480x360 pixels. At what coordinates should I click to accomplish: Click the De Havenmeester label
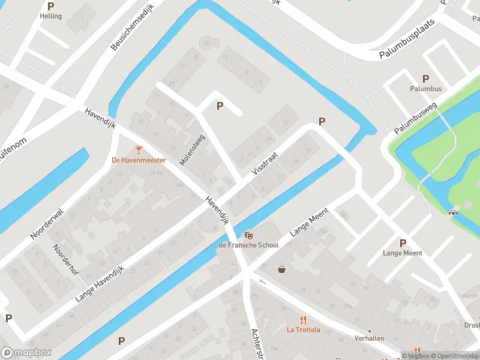(139, 160)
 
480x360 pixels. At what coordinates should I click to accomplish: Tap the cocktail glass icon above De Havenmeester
(139, 149)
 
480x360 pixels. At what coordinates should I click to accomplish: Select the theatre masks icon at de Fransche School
(248, 235)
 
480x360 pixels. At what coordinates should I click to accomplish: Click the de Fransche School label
(248, 245)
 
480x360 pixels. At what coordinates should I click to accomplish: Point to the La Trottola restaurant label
(303, 329)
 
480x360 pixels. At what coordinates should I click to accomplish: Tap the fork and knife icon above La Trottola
(303, 319)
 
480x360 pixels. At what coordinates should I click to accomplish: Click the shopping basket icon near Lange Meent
(281, 269)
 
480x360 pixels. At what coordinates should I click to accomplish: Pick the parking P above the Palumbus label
(426, 79)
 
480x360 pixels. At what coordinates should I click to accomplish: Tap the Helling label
(51, 16)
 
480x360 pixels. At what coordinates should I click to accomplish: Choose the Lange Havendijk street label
(100, 283)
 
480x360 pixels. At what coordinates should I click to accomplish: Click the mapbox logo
(26, 353)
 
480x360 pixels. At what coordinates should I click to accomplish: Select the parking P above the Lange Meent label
(403, 243)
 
